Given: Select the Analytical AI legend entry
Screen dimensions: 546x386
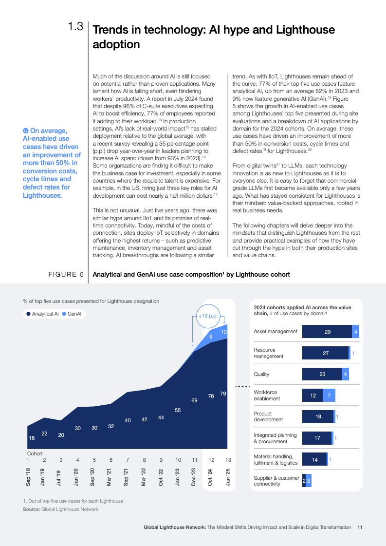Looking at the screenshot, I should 43,314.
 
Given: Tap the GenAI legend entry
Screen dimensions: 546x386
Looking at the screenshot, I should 74,314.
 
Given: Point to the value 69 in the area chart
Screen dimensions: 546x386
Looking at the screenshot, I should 194,400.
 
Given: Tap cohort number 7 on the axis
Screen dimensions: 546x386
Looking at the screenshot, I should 128,460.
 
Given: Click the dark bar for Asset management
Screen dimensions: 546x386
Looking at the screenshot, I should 327,332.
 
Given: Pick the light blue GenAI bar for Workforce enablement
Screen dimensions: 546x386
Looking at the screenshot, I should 329,395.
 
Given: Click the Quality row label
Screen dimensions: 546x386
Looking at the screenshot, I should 261,375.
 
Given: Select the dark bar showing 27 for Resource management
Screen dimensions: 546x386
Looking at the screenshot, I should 325,353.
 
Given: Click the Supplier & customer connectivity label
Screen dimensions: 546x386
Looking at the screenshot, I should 276,481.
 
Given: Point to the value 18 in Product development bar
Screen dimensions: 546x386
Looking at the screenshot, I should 318,417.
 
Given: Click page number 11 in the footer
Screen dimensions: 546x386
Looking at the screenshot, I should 360,527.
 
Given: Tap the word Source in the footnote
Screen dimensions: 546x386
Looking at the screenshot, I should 31,509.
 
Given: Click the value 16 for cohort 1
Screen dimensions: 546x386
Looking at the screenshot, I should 32,438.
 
